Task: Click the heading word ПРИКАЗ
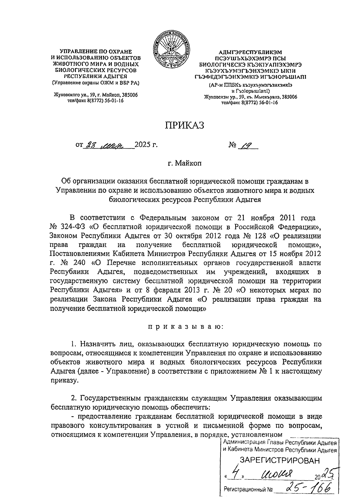(184, 125)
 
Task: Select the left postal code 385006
(127, 95)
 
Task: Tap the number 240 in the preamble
(79, 263)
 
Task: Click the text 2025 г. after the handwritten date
(146, 145)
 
